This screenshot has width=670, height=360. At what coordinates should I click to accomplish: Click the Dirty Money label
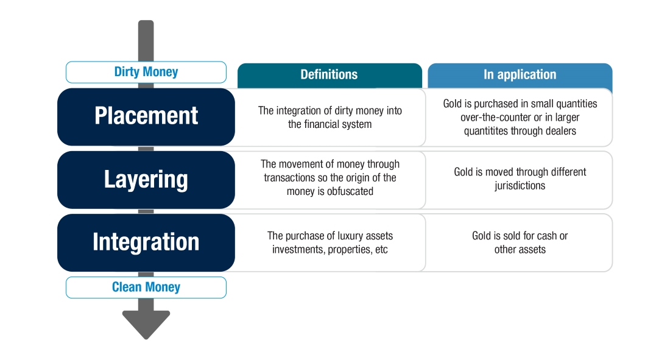tap(146, 72)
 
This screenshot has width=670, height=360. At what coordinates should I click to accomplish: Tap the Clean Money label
tap(146, 287)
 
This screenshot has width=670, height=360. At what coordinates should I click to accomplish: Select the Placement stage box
tap(146, 116)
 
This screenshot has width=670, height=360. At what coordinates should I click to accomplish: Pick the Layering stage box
tap(146, 180)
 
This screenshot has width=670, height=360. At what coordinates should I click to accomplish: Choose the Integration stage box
tap(146, 242)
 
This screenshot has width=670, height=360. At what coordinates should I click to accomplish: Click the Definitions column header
tap(329, 75)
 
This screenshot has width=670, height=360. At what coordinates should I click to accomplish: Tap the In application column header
tap(520, 75)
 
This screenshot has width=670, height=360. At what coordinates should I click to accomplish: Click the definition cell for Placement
tap(330, 117)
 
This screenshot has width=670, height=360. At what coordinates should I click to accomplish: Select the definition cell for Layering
tap(330, 177)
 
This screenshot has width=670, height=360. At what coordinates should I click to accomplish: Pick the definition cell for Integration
tap(330, 242)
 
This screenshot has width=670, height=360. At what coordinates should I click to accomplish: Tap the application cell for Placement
tap(520, 117)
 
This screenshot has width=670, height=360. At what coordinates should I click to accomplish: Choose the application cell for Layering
tap(520, 178)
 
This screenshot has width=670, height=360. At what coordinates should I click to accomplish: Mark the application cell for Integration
tap(520, 242)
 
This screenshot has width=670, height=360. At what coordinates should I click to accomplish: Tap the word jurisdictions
tap(520, 185)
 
